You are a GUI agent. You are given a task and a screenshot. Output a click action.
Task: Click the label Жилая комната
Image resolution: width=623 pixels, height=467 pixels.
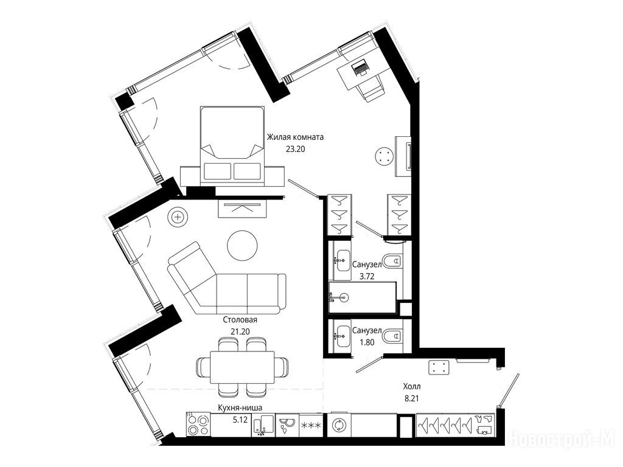295,137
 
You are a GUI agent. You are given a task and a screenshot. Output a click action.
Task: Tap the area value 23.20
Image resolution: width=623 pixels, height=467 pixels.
295,150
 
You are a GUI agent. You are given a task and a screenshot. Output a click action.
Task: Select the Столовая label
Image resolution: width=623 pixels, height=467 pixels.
240,320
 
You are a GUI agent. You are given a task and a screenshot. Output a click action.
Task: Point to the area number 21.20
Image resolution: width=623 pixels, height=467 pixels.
240,331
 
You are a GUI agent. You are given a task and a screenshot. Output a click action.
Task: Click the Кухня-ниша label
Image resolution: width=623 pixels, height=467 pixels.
240,407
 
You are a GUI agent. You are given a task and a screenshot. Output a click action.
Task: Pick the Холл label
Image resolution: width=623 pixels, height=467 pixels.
412,386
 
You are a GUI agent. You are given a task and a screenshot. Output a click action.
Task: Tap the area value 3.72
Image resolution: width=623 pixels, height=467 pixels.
367,277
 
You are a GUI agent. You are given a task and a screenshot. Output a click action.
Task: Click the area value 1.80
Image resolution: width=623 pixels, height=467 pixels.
367,342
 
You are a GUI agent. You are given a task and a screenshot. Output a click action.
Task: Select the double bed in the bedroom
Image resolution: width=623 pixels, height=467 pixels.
232,145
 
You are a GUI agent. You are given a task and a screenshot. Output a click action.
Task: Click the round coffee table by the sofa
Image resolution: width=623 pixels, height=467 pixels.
242,246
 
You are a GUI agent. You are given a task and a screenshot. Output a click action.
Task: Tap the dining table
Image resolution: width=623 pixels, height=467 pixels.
242,367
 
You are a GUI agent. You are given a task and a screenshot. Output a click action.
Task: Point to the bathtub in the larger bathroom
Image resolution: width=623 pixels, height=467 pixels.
363,297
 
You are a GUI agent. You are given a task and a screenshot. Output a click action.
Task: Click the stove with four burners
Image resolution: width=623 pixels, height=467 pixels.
198,425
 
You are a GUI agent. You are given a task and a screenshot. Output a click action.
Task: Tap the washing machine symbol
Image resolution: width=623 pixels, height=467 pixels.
338,425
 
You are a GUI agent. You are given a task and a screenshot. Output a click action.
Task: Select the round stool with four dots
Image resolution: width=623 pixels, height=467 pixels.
385,156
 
